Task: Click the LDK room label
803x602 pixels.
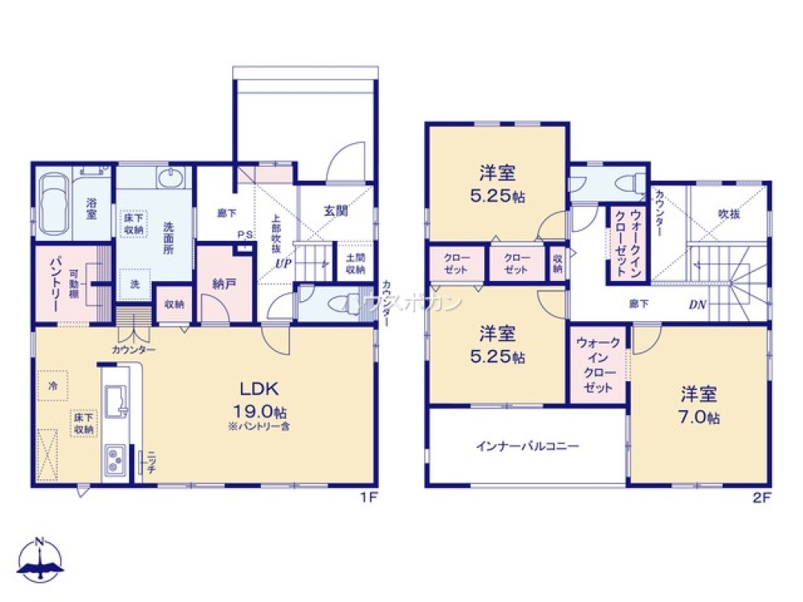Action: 259,389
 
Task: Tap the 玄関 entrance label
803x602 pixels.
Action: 336,212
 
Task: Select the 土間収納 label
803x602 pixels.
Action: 354,263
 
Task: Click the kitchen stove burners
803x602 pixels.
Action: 115,461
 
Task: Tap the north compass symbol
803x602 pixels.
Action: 41,559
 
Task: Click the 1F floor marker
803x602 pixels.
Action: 369,497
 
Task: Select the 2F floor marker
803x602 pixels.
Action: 761,497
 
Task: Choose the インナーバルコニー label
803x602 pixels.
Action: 527,446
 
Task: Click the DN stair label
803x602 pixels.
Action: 698,305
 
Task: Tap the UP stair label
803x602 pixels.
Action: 283,263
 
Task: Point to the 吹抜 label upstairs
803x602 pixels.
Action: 728,215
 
